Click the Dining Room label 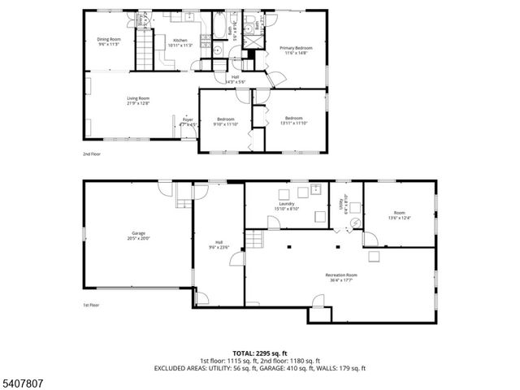pos(108,41)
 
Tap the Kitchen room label pos(179,42)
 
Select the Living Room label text pos(138,101)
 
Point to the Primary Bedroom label pos(296,50)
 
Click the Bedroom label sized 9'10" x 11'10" pos(225,122)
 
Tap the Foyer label pos(188,122)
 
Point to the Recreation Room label pos(341,277)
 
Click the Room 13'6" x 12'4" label pos(399,214)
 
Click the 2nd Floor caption pos(92,154)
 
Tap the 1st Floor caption pos(91,305)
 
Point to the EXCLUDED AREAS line pos(260,367)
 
